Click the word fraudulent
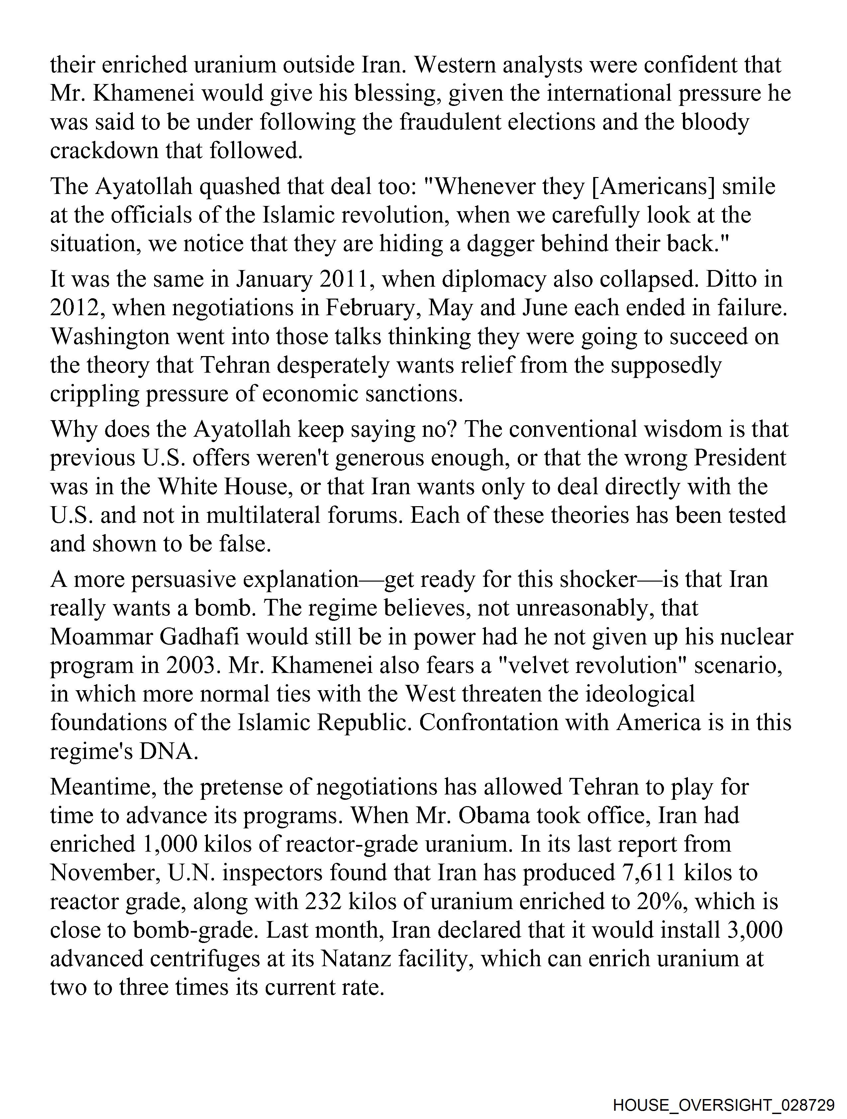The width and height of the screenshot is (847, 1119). (451, 123)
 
